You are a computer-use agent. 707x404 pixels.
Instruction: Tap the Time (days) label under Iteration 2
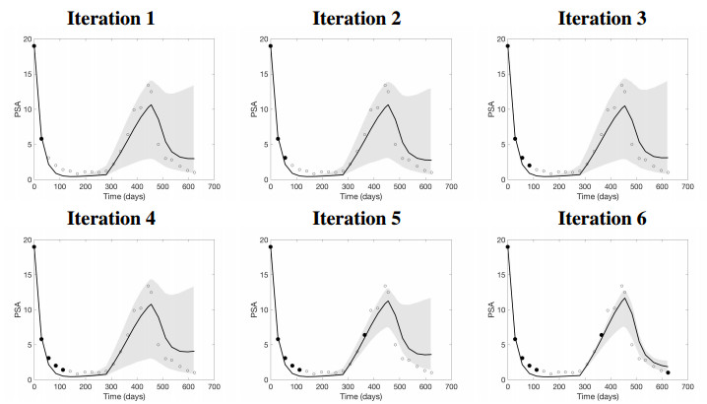point(351,196)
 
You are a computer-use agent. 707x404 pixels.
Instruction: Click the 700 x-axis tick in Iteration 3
point(686,186)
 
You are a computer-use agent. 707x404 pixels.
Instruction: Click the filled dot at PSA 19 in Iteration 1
point(34,46)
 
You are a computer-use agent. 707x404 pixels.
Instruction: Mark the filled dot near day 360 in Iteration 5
point(364,335)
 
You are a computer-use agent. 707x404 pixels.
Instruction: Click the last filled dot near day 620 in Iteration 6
point(668,372)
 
